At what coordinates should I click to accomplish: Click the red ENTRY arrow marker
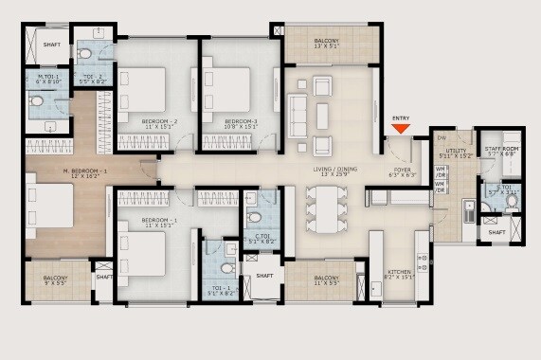401,128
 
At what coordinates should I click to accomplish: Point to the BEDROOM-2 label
160,122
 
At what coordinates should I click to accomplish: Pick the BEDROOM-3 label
242,122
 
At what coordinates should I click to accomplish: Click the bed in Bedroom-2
143,92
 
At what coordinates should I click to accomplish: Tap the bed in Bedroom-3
226,92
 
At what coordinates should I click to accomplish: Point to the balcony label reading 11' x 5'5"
320,279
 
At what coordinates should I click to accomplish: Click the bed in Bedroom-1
143,253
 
